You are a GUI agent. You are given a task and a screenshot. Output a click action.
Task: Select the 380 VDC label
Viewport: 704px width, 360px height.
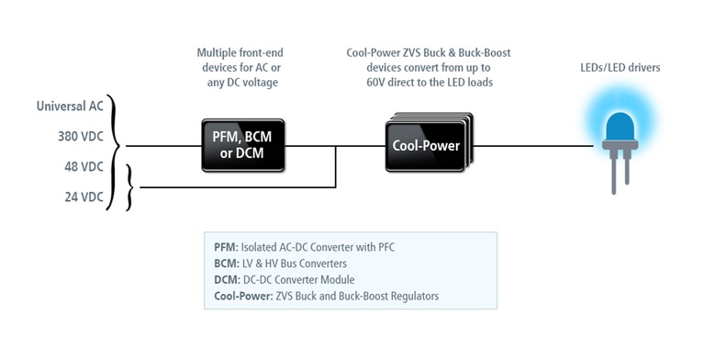pos(81,136)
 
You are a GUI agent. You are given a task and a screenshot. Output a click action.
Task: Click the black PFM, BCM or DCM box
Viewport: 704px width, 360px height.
pos(243,145)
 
